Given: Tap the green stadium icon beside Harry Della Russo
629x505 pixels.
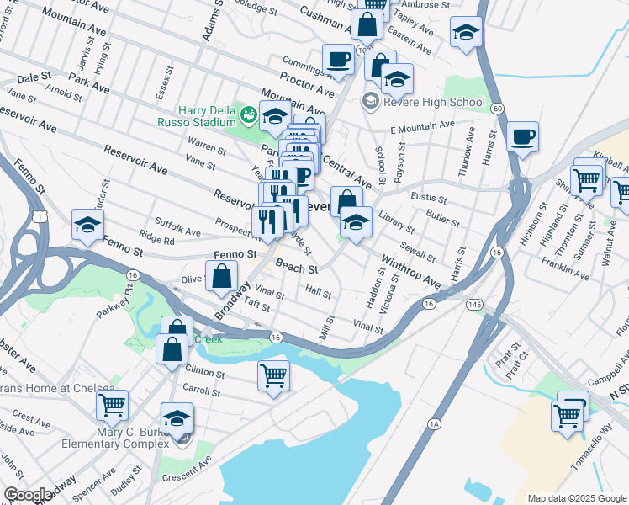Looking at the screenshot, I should pyautogui.click(x=249, y=113).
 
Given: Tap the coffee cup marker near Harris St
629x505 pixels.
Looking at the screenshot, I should pyautogui.click(x=522, y=137).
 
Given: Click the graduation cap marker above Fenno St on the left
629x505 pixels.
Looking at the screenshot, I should pyautogui.click(x=87, y=226).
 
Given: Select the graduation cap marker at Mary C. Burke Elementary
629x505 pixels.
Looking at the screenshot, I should pyautogui.click(x=177, y=418).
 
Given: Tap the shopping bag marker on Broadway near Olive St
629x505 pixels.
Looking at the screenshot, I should pyautogui.click(x=221, y=277).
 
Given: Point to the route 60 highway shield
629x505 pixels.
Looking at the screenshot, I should pyautogui.click(x=498, y=109).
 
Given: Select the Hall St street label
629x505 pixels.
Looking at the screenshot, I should pyautogui.click(x=319, y=291).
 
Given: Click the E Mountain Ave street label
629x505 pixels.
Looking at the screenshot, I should pyautogui.click(x=421, y=127).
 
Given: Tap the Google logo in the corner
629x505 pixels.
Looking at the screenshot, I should pyautogui.click(x=28, y=495).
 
